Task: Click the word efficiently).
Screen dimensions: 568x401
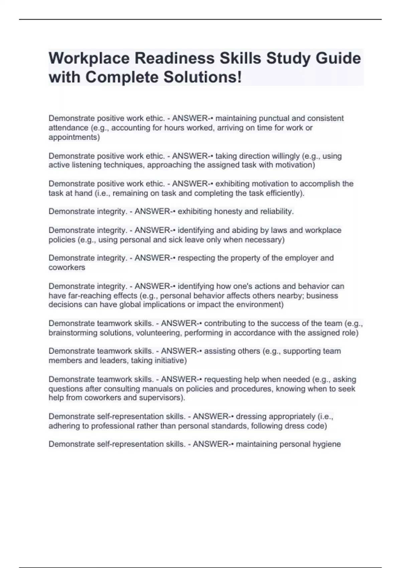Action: pyautogui.click(x=285, y=193)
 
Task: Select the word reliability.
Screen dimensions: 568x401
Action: pyautogui.click(x=276, y=211)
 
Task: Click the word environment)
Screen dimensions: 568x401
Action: pyautogui.click(x=260, y=304)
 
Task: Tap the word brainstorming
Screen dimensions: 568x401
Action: pyautogui.click(x=72, y=333)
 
